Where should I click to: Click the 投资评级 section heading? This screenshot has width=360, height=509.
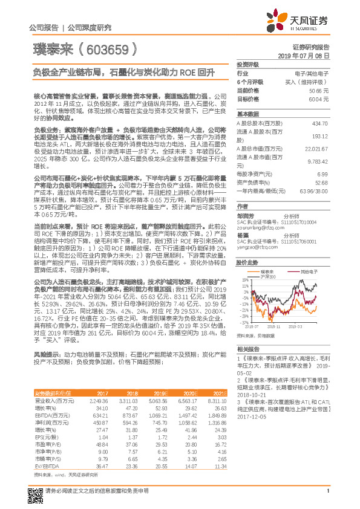click(248, 64)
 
